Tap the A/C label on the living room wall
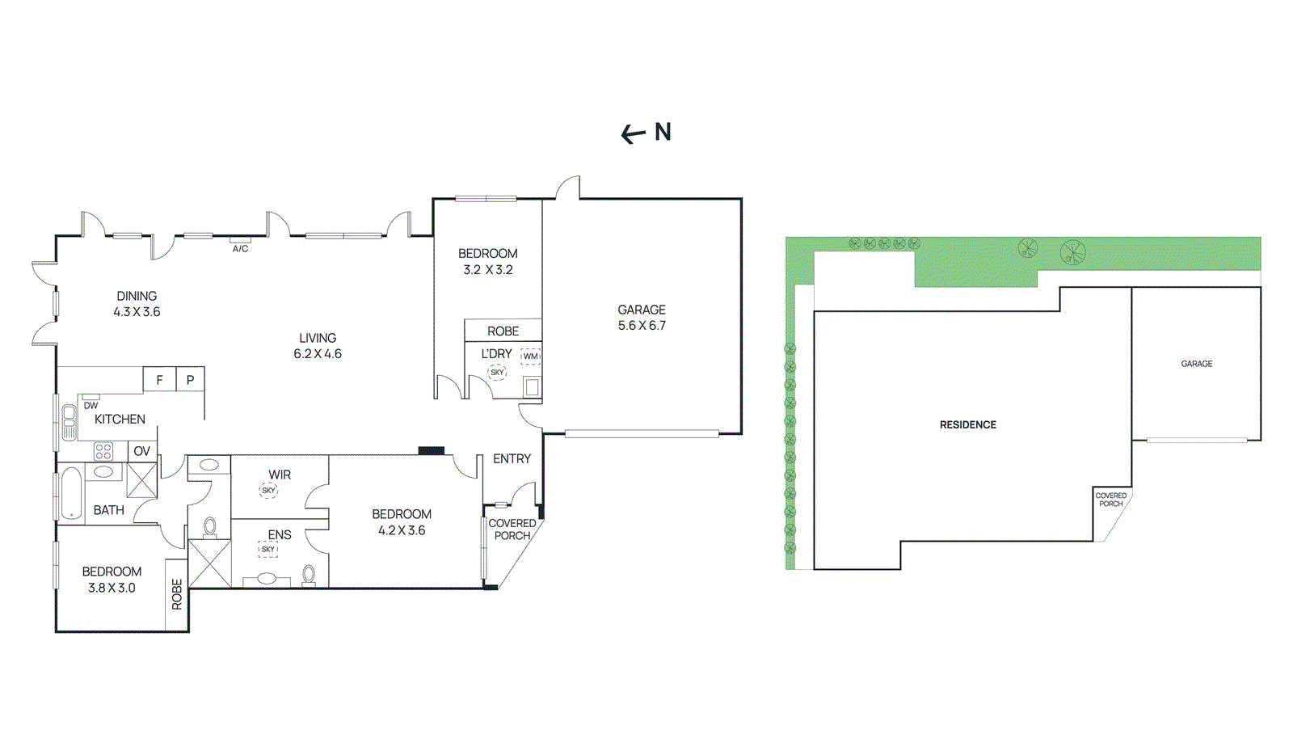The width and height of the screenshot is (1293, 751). pos(240,249)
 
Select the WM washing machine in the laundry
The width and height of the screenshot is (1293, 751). pos(530,357)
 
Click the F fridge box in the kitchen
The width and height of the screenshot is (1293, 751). pos(159,379)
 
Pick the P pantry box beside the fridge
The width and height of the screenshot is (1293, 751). pos(190,379)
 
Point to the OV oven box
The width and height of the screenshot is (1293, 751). pos(142,451)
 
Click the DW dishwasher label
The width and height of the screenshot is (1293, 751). pos(91,406)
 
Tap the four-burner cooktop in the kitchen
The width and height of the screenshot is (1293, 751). pos(103,451)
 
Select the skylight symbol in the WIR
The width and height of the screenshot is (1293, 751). pos(269,491)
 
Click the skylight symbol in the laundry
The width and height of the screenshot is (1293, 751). pos(497,373)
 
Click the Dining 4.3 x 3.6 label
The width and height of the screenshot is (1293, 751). pos(137,304)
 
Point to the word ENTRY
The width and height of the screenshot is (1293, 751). pos(512,459)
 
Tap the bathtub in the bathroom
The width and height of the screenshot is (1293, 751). pos(72,493)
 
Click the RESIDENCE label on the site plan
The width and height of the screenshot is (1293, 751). pos(968,425)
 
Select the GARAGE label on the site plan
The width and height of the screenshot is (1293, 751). pos(1197,364)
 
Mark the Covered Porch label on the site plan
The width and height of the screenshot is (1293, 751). pos(1111,500)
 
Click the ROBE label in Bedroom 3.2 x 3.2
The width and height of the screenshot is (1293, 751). pos(503,331)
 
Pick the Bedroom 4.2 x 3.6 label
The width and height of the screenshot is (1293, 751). pos(402,522)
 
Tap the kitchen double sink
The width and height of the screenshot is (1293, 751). pos(69,422)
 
